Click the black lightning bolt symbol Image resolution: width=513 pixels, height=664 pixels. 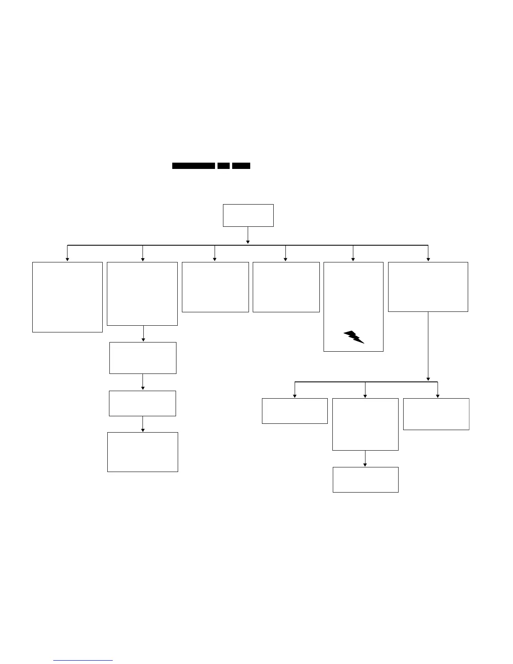[x=353, y=337]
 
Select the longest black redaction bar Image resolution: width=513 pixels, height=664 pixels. [x=194, y=166]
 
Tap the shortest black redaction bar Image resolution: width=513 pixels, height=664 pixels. [x=223, y=166]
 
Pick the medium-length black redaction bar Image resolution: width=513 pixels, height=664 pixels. [x=241, y=166]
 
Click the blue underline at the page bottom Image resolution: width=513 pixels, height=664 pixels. [x=83, y=661]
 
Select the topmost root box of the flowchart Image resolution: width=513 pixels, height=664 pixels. [x=248, y=215]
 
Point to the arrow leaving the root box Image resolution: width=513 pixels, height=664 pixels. [x=248, y=236]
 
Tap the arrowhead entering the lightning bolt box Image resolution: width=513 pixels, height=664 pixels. [x=353, y=259]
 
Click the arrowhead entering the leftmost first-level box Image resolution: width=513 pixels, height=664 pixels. [x=67, y=259]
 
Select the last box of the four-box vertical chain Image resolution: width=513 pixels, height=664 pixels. [x=142, y=452]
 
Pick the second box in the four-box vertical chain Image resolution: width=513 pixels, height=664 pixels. [x=142, y=358]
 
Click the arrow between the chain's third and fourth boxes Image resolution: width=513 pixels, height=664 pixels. [x=143, y=424]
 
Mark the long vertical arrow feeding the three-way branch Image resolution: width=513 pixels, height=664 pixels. [x=428, y=346]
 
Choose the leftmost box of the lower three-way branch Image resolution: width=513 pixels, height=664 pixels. [x=295, y=411]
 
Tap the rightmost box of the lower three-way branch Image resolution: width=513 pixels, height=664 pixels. [x=436, y=414]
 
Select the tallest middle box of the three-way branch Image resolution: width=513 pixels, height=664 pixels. [x=365, y=424]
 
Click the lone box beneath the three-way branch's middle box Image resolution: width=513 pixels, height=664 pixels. [x=365, y=480]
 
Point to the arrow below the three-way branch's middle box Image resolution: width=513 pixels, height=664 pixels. [x=365, y=459]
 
